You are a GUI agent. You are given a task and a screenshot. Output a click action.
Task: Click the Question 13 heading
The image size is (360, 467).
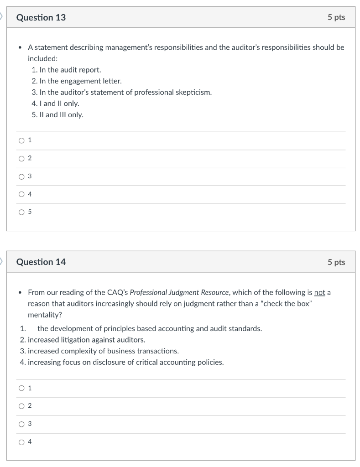[41, 17]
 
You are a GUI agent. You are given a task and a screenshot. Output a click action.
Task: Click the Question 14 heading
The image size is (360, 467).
[41, 262]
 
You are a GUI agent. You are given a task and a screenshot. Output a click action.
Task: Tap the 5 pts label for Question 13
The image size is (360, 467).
[336, 17]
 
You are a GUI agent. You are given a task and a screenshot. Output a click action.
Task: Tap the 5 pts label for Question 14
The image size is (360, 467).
[336, 262]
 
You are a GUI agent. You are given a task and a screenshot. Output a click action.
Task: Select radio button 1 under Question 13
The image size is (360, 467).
[21, 140]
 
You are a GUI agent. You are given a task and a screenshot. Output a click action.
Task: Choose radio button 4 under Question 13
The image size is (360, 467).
[21, 194]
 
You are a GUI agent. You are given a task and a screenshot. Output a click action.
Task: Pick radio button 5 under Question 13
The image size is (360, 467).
[21, 212]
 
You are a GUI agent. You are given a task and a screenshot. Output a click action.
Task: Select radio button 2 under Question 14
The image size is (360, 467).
[21, 406]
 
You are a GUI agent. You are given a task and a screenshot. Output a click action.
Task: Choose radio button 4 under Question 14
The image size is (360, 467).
[21, 441]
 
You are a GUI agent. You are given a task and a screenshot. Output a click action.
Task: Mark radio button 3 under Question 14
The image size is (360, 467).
[21, 424]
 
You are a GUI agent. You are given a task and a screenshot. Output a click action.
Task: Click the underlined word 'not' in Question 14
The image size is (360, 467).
[319, 292]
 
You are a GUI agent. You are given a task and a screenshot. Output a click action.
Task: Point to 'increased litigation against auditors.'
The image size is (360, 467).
[86, 340]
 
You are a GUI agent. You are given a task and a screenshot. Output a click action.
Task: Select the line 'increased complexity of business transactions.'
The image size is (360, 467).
[103, 351]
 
